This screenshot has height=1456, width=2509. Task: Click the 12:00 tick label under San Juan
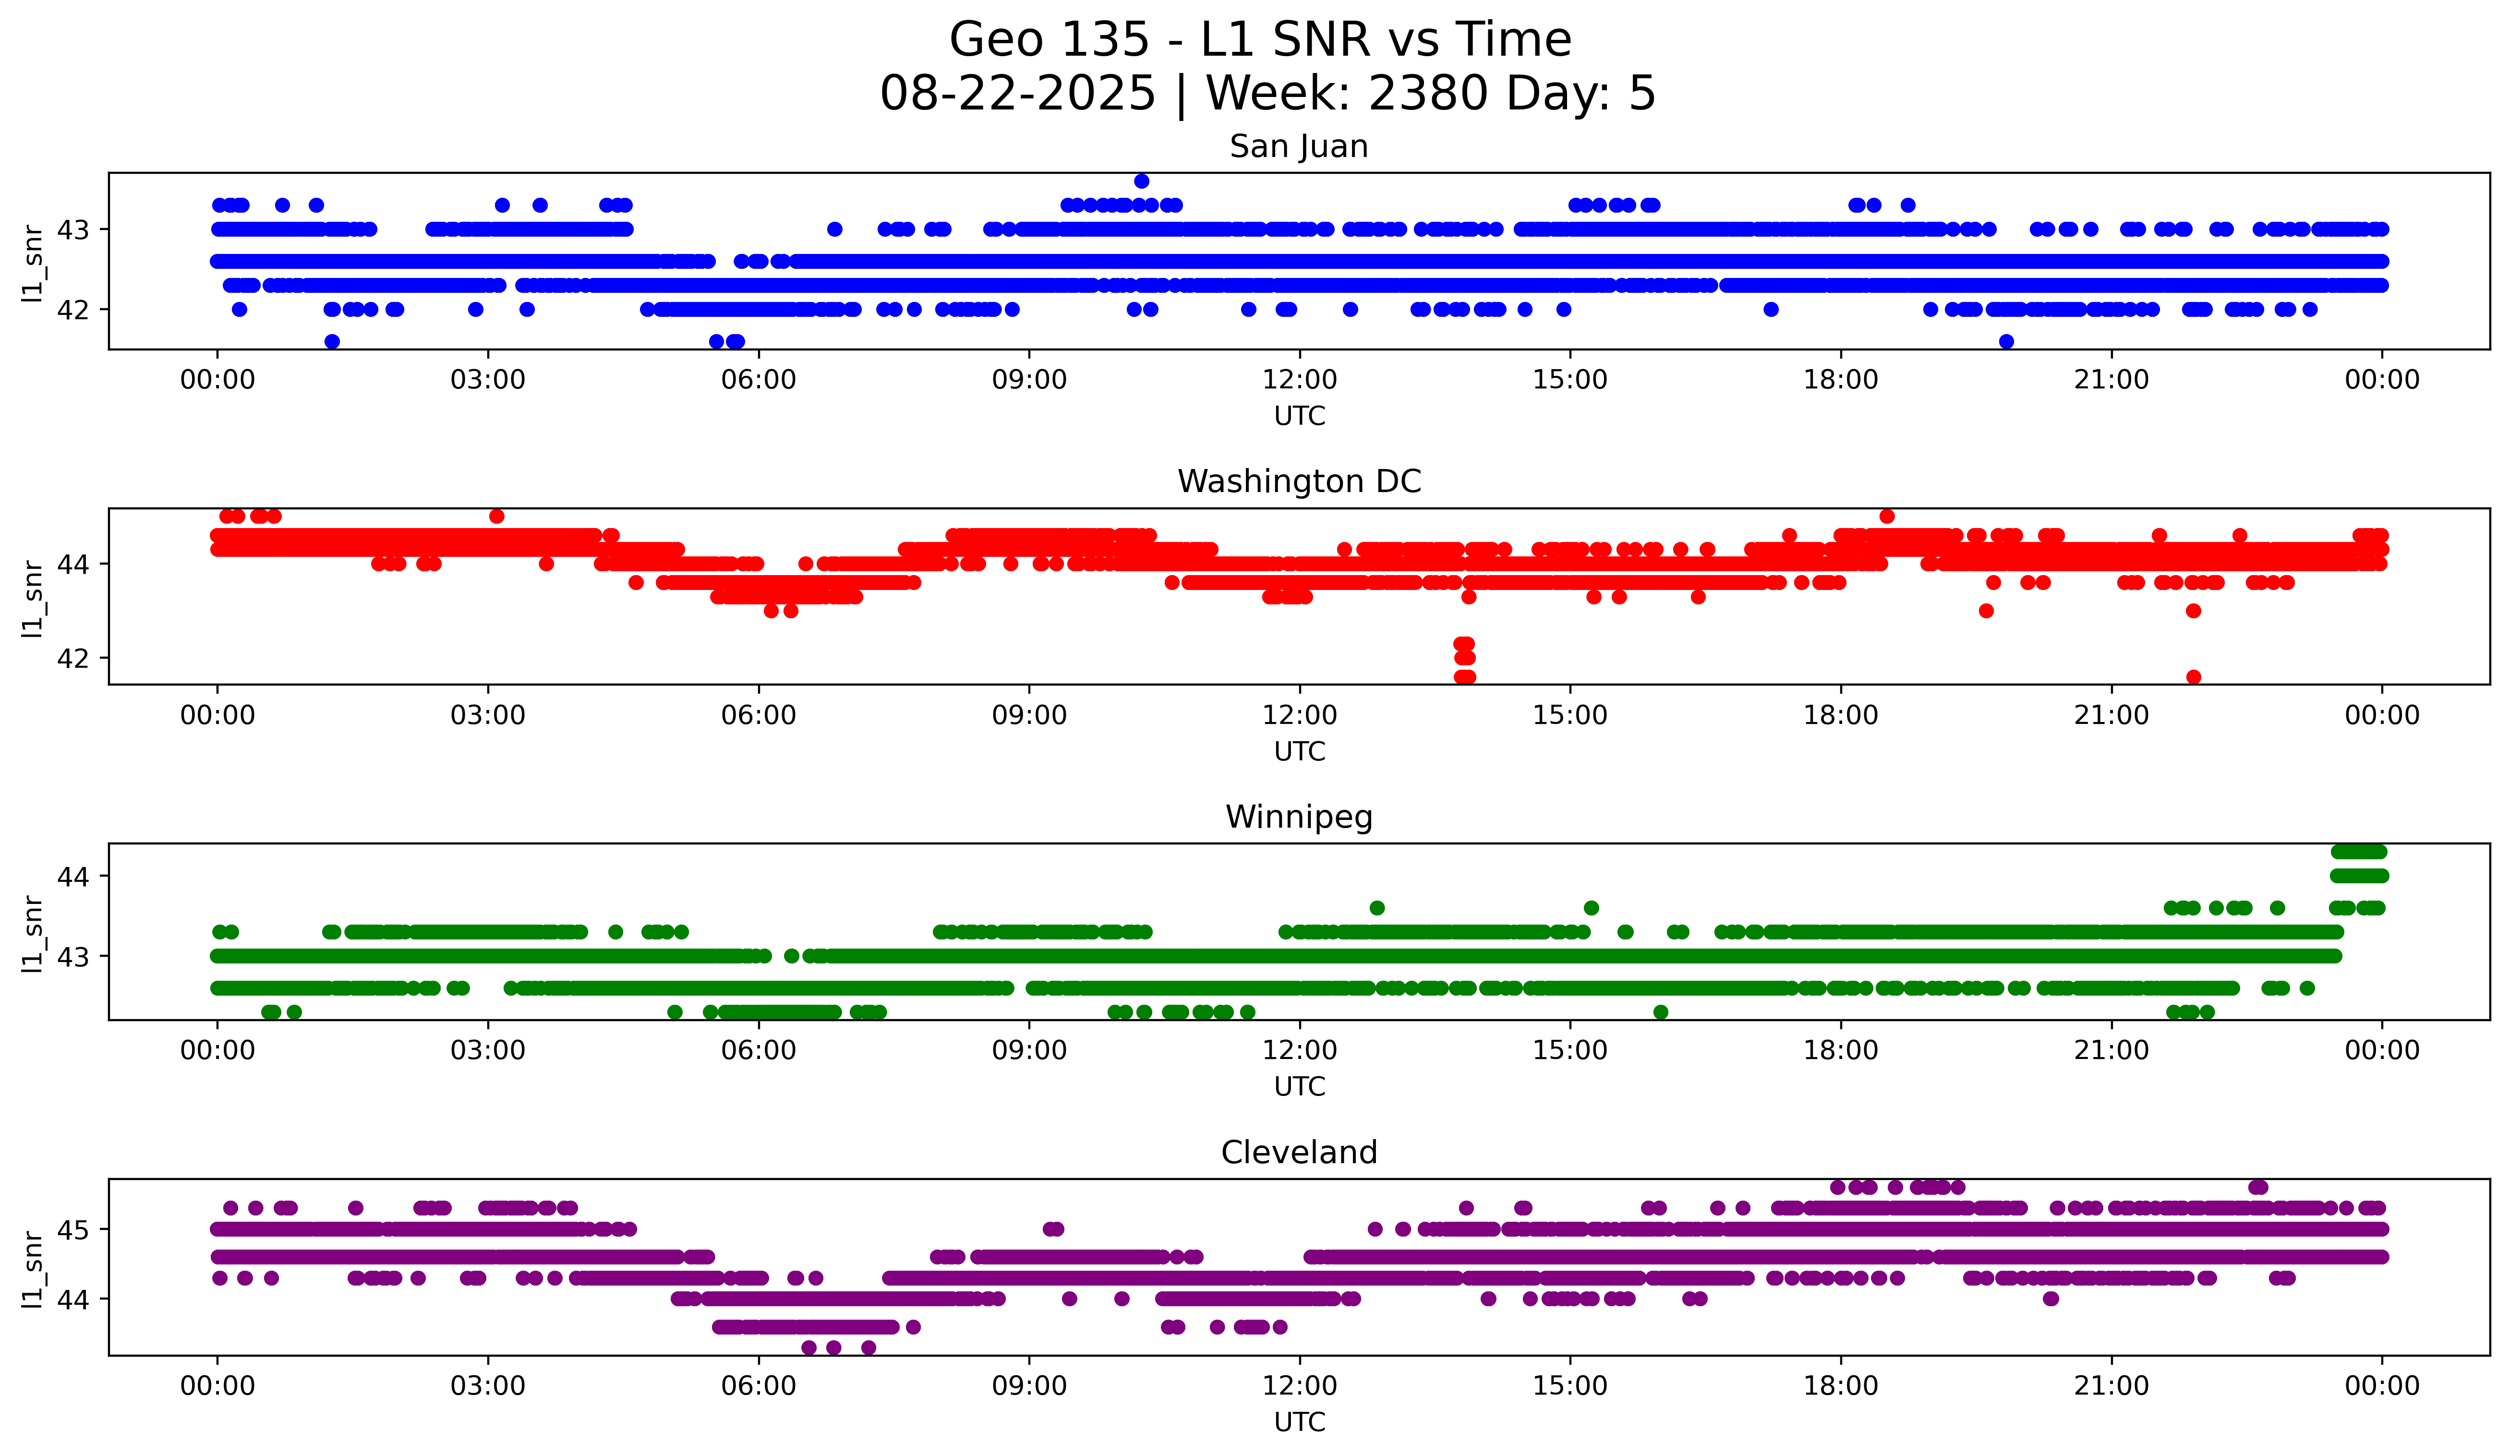[1299, 380]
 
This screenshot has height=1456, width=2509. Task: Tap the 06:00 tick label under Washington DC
[759, 716]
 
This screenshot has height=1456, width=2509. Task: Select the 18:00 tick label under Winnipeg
[1840, 1051]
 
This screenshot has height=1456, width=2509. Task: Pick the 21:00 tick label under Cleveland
[2111, 1386]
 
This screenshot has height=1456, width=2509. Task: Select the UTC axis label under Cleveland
[1299, 1422]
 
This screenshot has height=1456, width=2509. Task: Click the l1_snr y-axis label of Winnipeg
[33, 933]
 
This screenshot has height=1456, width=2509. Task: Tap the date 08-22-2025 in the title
[1017, 94]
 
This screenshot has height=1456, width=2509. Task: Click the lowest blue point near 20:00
[2006, 341]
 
